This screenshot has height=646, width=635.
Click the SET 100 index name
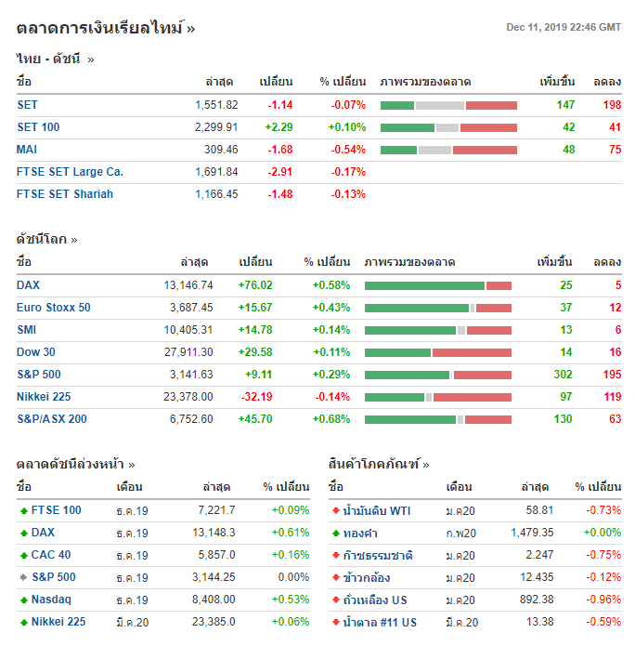(38, 127)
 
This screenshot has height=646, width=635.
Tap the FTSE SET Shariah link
(65, 194)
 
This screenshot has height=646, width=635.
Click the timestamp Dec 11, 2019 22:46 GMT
(564, 27)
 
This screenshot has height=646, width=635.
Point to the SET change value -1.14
(279, 105)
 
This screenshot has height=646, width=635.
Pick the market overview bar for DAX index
(438, 285)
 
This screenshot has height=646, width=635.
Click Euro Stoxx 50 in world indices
(54, 308)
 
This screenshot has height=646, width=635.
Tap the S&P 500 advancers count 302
(563, 375)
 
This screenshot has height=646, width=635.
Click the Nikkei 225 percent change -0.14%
(331, 397)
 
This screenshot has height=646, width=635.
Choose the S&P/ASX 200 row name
(52, 419)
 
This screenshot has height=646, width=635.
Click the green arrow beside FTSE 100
(23, 510)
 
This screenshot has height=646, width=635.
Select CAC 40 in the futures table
(51, 555)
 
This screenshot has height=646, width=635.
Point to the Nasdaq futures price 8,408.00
(213, 600)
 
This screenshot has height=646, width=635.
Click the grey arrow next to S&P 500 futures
(23, 577)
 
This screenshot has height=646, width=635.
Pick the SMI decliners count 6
(617, 330)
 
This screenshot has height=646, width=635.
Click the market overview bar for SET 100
(448, 127)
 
